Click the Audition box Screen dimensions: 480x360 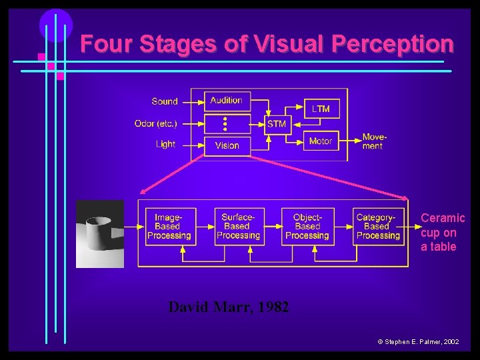click(x=227, y=101)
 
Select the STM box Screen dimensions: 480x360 click(x=277, y=124)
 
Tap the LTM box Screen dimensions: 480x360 click(x=321, y=109)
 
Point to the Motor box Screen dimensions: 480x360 click(x=321, y=141)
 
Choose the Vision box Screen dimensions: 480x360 click(x=227, y=146)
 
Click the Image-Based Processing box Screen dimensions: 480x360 click(x=169, y=227)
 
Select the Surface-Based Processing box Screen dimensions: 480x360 click(x=239, y=227)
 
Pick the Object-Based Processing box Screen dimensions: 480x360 click(x=307, y=227)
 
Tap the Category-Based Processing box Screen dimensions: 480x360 click(x=377, y=227)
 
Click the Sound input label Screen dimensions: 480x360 click(x=165, y=101)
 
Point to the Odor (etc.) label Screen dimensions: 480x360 click(x=156, y=123)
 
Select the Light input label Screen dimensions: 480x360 click(x=165, y=144)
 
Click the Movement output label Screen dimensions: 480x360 click(x=374, y=141)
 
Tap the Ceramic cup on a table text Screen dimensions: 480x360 click(x=443, y=233)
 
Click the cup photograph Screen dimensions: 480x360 click(x=100, y=233)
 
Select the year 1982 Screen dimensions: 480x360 click(x=273, y=307)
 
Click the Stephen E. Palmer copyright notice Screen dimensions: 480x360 click(x=418, y=341)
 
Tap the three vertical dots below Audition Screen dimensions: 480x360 click(x=225, y=123)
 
